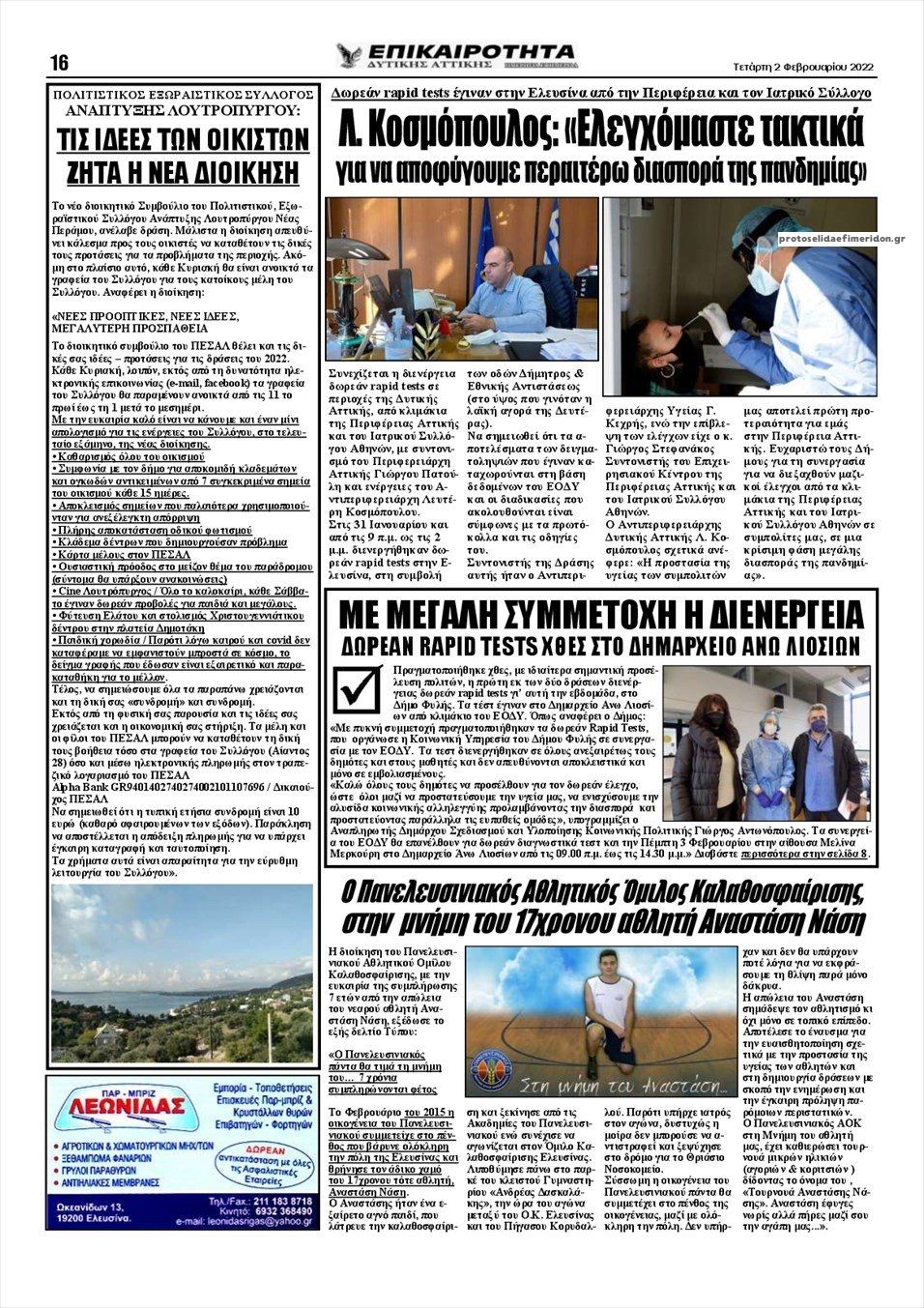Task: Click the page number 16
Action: click(59, 64)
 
